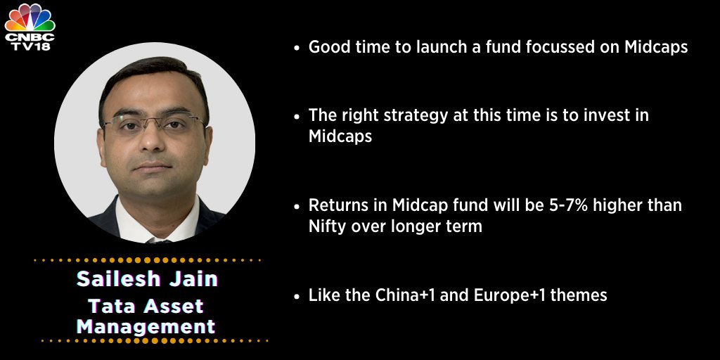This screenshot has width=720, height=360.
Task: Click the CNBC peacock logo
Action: point(29,15)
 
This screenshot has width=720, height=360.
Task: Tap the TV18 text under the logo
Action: point(29,46)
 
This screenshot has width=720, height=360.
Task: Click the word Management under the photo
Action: point(146,326)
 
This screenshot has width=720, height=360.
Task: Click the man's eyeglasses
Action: point(153,127)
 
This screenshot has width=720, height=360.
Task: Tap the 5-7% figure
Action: point(562,206)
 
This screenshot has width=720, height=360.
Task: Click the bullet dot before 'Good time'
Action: point(297,48)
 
